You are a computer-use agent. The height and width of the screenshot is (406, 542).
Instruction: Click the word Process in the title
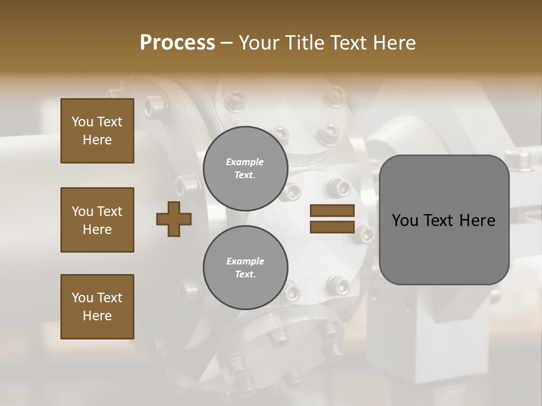(x=177, y=43)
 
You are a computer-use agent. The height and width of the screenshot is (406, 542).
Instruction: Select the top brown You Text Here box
(x=97, y=131)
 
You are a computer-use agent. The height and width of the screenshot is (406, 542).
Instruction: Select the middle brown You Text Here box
(x=97, y=220)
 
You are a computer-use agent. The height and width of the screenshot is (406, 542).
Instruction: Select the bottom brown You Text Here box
(x=97, y=307)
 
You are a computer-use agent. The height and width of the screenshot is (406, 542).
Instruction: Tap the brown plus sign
(x=174, y=219)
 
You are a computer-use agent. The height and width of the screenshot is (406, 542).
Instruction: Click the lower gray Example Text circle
(x=245, y=267)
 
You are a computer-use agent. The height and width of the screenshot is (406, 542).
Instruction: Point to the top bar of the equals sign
(x=332, y=211)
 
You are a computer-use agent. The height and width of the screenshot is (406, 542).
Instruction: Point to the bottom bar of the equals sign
(x=332, y=227)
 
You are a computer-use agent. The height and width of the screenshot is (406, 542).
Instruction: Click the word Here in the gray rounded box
(x=477, y=220)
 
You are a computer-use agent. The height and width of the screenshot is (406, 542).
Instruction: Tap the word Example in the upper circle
(x=245, y=162)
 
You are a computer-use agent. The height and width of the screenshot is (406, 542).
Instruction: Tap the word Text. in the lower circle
(x=245, y=274)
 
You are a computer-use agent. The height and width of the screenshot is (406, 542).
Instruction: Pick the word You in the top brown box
(x=82, y=122)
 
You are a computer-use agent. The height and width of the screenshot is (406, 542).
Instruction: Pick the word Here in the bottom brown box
(x=97, y=316)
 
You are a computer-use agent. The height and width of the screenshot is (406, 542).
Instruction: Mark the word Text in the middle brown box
(x=110, y=211)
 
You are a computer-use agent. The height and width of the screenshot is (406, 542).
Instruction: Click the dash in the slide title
(x=226, y=43)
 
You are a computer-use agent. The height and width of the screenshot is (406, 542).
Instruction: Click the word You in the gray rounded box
(x=405, y=220)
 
